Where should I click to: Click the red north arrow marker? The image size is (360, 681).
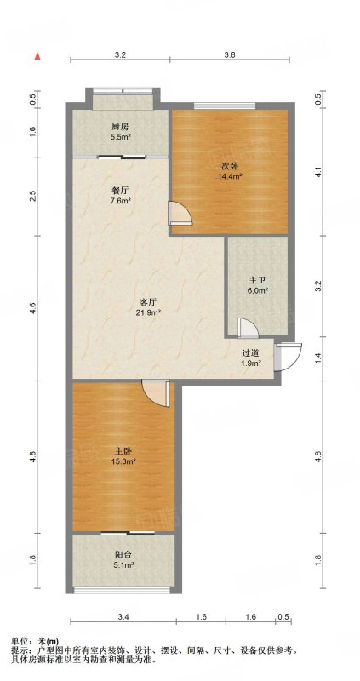37,55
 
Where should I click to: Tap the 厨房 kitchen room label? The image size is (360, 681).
120,127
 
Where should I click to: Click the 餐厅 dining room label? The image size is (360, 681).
120,191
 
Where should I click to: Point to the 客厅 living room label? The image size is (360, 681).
148,301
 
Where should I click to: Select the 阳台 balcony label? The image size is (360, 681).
123,555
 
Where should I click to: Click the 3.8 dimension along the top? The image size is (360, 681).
230,54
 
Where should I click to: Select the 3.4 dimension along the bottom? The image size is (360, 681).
123,616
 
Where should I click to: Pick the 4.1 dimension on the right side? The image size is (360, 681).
319,173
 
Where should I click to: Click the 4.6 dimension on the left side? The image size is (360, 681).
36,308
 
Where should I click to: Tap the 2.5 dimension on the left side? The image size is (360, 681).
36,197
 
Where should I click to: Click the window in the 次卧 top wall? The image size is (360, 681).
224,106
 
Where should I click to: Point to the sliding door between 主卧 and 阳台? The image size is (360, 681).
129,533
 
